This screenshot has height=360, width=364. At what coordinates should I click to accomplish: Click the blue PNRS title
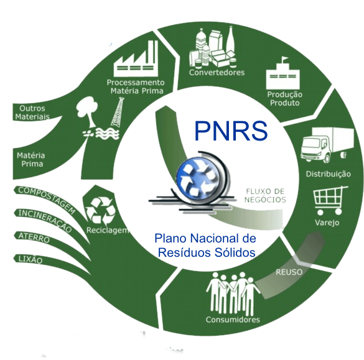[x=231, y=131]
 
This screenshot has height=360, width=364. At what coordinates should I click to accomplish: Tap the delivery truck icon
[x=327, y=145]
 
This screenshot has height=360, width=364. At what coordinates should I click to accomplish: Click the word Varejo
[x=327, y=223]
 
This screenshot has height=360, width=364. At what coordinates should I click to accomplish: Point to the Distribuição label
[x=328, y=174]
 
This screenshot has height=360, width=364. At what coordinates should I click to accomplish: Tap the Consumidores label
[x=233, y=320]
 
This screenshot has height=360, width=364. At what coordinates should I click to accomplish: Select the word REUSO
[x=289, y=272]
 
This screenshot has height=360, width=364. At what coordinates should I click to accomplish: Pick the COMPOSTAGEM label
[x=47, y=200]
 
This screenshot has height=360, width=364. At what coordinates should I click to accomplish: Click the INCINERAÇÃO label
[x=45, y=221]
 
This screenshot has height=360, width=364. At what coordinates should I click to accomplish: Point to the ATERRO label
[x=34, y=238]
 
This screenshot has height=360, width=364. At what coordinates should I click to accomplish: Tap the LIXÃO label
[x=30, y=259]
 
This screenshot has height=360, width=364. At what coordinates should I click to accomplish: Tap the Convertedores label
[x=217, y=72]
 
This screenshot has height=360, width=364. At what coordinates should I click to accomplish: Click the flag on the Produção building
[x=284, y=60]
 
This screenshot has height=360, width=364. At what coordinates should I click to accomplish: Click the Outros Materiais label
[x=32, y=113]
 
